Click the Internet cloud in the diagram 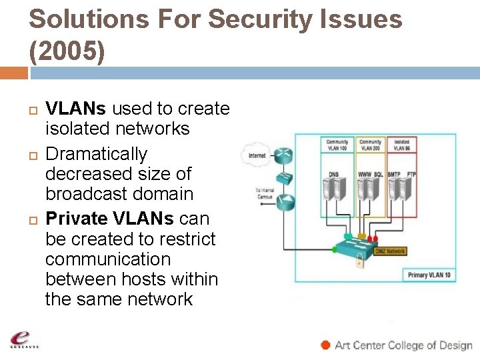pyautogui.click(x=257, y=155)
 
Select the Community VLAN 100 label pyautogui.click(x=337, y=145)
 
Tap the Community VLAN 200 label pyautogui.click(x=370, y=145)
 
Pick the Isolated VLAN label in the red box pyautogui.click(x=402, y=145)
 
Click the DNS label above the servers pyautogui.click(x=333, y=174)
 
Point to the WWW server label pyautogui.click(x=365, y=174)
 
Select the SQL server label pyautogui.click(x=379, y=174)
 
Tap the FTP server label pyautogui.click(x=411, y=174)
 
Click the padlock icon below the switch pyautogui.click(x=359, y=263)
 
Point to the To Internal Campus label pyautogui.click(x=265, y=193)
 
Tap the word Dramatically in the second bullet pyautogui.click(x=96, y=154)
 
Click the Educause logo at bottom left pyautogui.click(x=24, y=340)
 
